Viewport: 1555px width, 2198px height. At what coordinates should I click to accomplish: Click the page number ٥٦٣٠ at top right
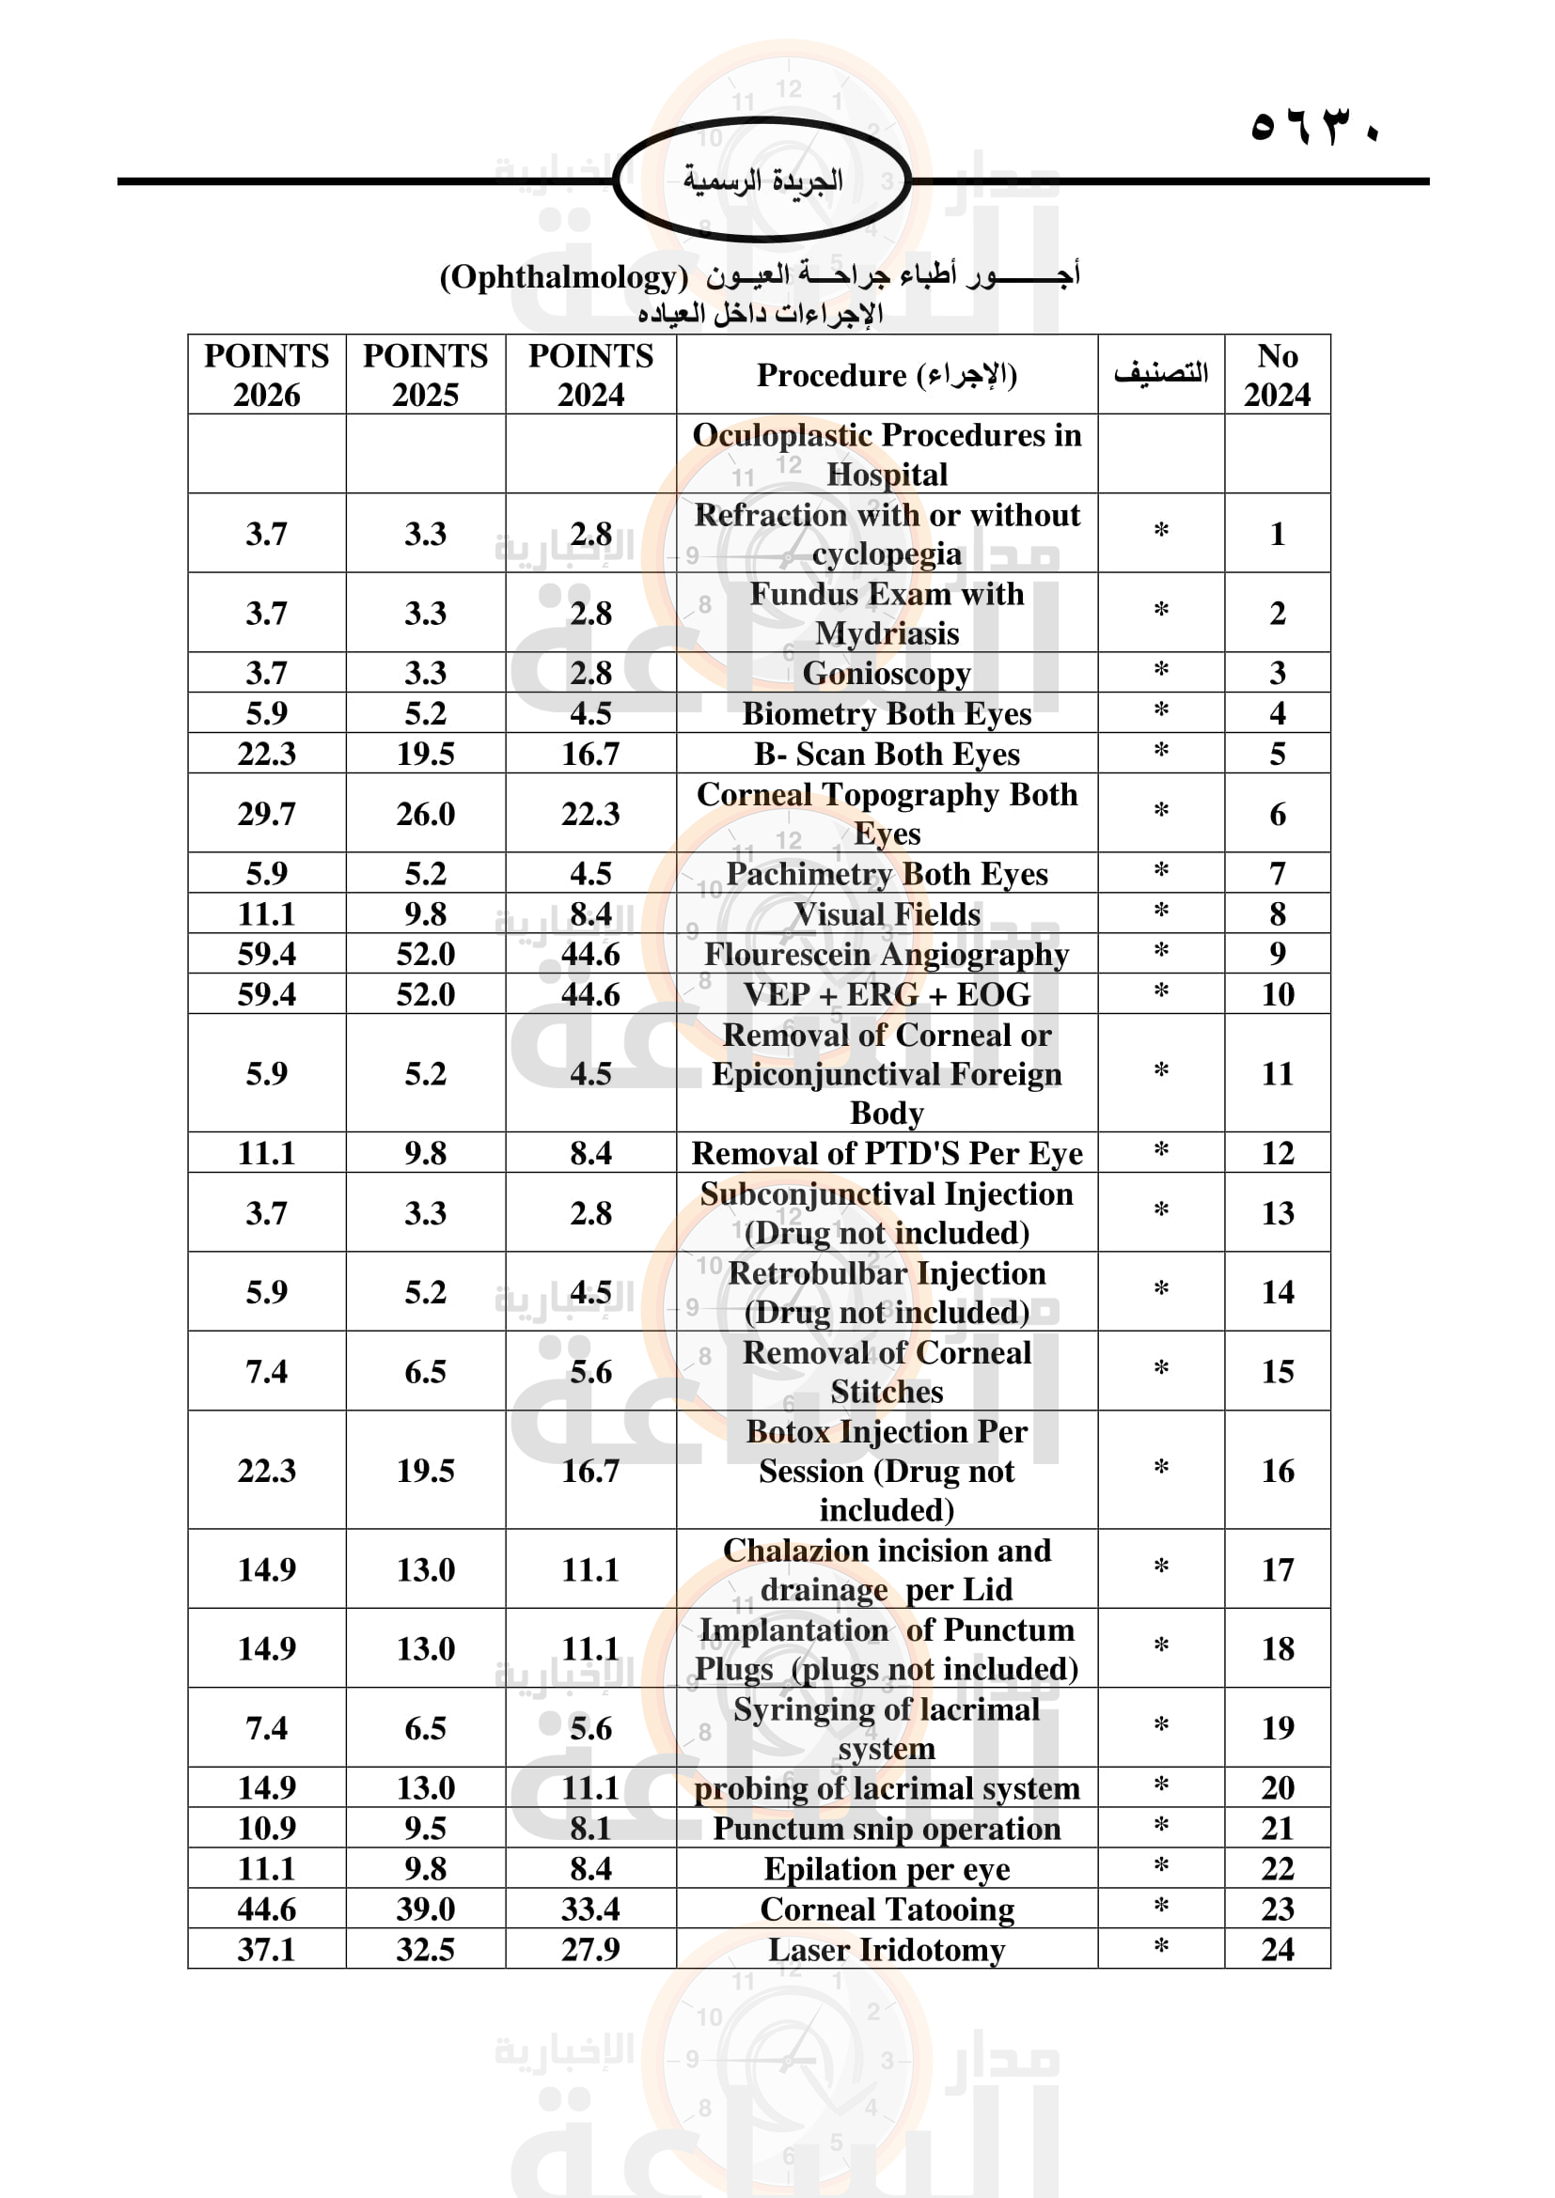1313,127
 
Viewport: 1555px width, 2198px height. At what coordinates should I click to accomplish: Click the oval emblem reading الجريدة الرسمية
762,180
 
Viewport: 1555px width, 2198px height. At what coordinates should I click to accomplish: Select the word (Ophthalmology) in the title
563,277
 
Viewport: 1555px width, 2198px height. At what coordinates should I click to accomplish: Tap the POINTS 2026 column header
266,374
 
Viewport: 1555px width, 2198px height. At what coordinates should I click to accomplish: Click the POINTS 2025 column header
425,374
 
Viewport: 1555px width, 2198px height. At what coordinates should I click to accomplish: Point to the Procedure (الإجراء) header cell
887,374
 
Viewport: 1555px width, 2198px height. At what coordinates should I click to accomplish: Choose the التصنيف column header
1160,373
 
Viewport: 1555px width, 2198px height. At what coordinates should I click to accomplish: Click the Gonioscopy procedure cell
887,673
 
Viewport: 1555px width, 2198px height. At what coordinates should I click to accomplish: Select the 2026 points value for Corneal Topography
266,814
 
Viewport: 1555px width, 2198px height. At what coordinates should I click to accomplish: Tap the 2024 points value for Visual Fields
590,914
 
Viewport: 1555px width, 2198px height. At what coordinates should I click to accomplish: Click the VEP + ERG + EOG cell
887,994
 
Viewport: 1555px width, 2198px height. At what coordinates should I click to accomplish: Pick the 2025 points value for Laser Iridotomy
425,1950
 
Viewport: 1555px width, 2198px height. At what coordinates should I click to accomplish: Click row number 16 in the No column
1278,1471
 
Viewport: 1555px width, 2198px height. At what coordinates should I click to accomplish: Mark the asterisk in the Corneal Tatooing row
1160,1907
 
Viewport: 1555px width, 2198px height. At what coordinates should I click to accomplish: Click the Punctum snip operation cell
887,1829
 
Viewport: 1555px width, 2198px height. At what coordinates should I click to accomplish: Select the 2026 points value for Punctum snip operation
266,1829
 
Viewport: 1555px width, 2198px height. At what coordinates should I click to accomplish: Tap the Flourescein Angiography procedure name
887,955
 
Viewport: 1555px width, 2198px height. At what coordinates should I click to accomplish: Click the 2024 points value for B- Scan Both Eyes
590,755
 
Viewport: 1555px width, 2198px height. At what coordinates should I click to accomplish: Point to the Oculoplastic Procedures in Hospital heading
887,455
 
